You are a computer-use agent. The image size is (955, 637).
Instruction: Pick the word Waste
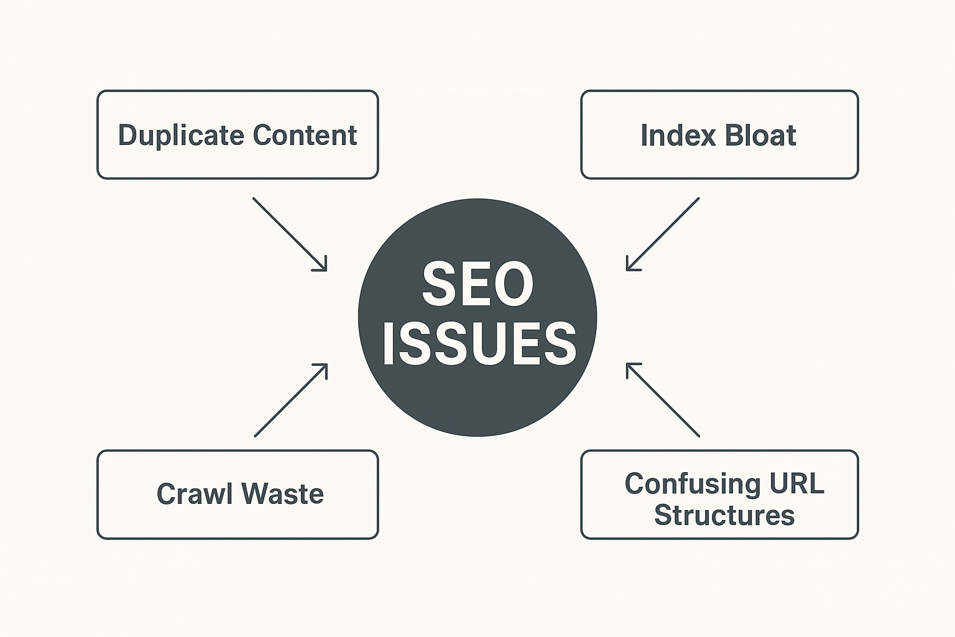282,494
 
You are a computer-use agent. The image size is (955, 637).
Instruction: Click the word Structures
724,516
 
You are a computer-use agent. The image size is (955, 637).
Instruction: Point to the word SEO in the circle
477,284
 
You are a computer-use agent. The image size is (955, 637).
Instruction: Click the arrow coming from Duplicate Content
289,234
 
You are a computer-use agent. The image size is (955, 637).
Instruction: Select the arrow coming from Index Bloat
663,234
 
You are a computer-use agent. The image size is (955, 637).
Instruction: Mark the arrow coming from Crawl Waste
290,400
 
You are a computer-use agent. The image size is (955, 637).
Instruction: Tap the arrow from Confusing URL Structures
663,400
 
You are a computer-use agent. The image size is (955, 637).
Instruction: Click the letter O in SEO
511,284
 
